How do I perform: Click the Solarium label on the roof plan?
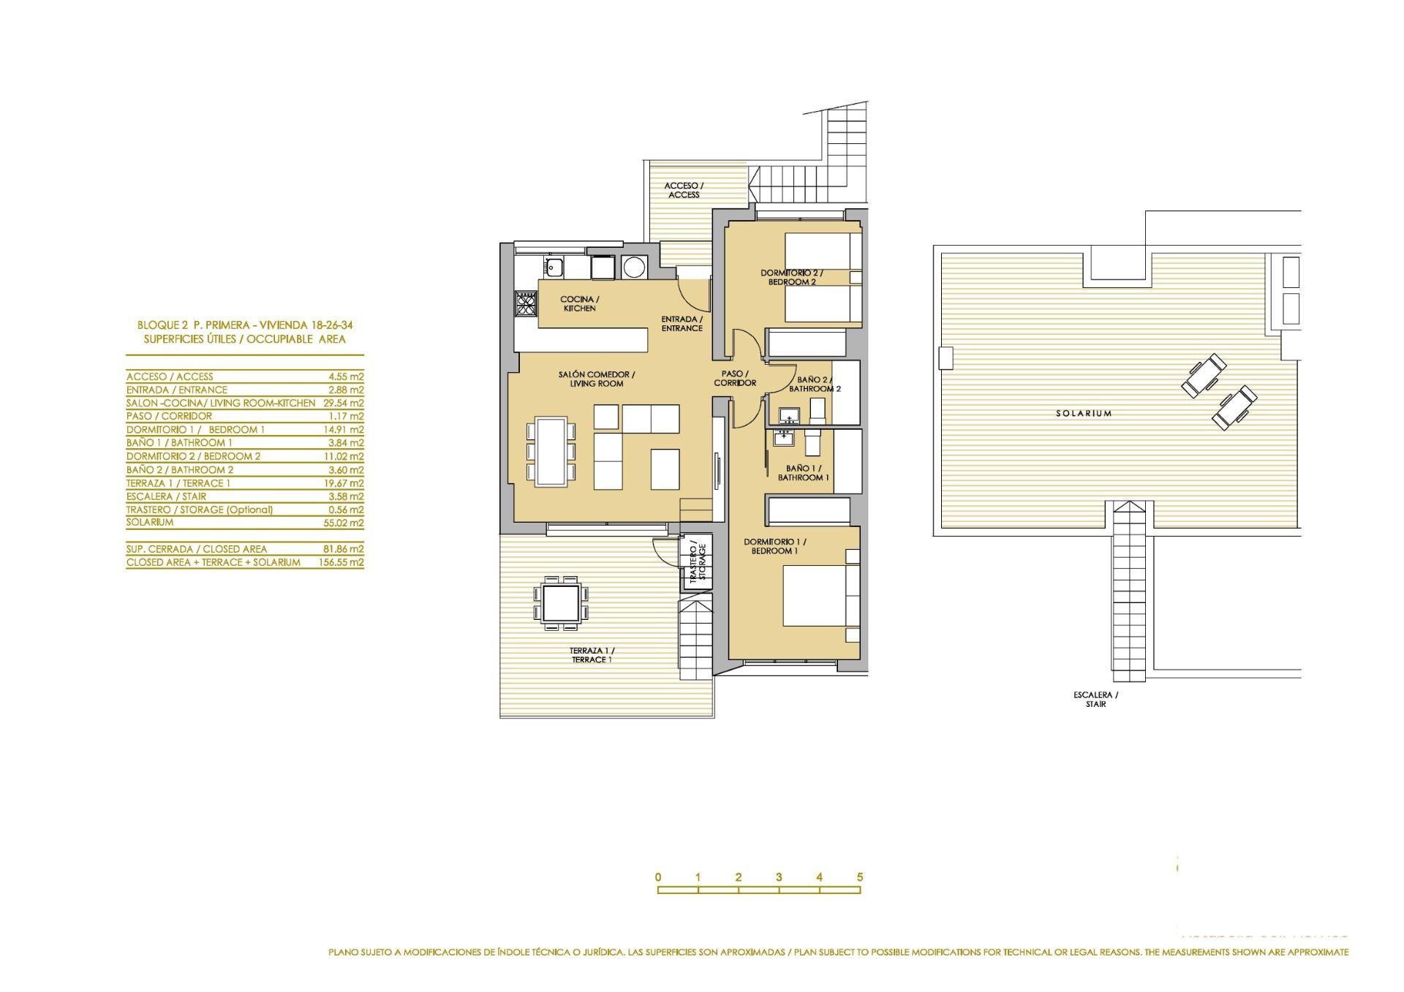(x=1083, y=414)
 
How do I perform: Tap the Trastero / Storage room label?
(x=697, y=561)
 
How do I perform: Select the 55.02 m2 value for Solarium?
(x=346, y=523)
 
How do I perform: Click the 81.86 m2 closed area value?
(x=346, y=549)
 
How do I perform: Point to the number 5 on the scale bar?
(x=860, y=877)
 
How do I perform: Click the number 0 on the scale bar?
(x=658, y=877)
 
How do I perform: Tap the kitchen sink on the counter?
(x=554, y=268)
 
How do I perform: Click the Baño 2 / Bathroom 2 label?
(x=814, y=385)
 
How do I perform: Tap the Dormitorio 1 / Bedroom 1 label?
(x=774, y=546)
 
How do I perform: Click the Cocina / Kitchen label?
(x=579, y=303)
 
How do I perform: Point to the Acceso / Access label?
(x=684, y=190)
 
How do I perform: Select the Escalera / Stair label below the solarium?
(x=1095, y=700)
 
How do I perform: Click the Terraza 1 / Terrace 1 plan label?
(x=592, y=655)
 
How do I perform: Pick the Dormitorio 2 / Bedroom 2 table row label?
(x=193, y=456)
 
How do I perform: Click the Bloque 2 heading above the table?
(x=245, y=325)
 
